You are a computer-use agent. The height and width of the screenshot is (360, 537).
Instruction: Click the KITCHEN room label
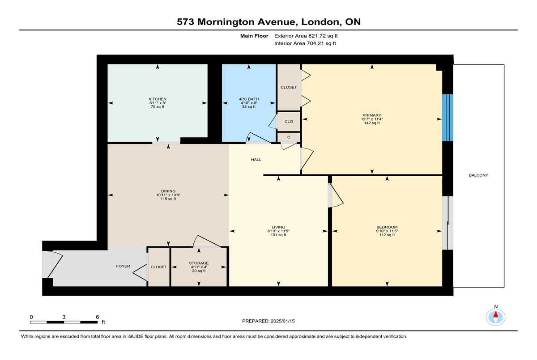(157, 99)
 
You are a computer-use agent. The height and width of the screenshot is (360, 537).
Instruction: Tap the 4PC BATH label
(249, 99)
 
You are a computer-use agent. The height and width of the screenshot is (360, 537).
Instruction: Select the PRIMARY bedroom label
(371, 115)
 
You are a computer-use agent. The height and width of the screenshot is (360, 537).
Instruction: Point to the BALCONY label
(478, 175)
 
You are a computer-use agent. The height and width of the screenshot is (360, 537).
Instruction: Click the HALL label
(256, 160)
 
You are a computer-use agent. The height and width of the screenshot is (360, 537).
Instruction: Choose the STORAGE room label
(199, 263)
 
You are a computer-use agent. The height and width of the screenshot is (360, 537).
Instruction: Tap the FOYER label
(123, 266)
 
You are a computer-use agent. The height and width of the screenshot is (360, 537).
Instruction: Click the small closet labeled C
(289, 137)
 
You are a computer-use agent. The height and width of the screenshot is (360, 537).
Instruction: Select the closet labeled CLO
(289, 122)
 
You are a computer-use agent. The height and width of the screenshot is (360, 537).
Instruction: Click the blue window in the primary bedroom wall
(447, 118)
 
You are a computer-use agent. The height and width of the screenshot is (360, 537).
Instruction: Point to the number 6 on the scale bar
(98, 317)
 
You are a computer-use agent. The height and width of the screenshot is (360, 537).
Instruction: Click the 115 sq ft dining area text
(168, 199)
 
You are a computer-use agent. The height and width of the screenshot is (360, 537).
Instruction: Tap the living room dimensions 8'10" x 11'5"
(278, 231)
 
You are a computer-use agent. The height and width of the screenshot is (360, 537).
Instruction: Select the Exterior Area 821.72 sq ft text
(306, 36)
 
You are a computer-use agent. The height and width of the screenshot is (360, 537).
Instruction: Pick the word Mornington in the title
(226, 22)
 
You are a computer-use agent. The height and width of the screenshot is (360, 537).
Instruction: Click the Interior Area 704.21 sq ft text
(305, 43)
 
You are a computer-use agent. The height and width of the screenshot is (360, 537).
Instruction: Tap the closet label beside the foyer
(159, 267)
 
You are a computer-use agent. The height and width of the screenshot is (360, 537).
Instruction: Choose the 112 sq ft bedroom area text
(387, 235)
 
